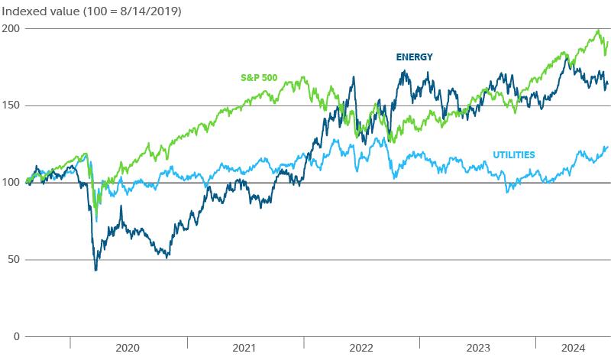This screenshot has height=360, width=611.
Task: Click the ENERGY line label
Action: pos(414,57)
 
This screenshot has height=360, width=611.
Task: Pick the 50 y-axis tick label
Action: pos(11,260)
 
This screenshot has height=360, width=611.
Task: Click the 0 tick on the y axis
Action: pos(15,337)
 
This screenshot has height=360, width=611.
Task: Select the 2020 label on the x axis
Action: pos(128,349)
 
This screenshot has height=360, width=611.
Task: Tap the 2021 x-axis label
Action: pos(244,349)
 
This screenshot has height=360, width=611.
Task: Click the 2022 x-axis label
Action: pos(361,349)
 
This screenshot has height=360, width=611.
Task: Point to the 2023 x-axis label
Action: pos(477,349)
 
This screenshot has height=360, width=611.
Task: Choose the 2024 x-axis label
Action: pos(573,349)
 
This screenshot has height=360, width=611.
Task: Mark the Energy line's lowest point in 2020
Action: pos(95,271)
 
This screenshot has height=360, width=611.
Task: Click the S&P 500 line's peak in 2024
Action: pos(598,31)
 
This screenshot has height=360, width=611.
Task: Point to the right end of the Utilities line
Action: pos(607,147)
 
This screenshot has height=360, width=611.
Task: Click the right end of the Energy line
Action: pos(607,84)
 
